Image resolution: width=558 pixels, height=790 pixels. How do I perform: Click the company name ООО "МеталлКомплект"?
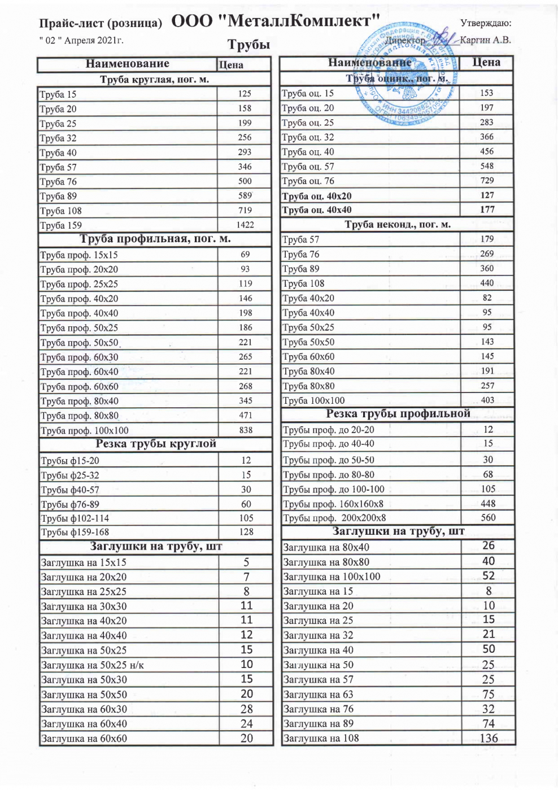pos(275,21)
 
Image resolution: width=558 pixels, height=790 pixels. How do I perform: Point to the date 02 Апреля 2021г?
pos(81,41)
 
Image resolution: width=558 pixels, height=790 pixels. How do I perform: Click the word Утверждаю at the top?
pos(486,23)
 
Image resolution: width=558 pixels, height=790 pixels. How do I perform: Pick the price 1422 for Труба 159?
pos(245,225)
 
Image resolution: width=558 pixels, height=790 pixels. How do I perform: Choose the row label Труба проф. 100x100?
pos(84,430)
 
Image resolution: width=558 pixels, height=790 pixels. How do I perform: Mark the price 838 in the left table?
pos(246,430)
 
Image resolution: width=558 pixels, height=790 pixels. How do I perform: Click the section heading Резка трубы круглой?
pos(156,444)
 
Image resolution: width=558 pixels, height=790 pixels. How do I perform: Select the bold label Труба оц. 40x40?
pos(317,210)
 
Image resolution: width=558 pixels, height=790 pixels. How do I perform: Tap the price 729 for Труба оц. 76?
pos(487,180)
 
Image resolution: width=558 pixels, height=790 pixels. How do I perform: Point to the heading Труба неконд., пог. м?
pos(398,225)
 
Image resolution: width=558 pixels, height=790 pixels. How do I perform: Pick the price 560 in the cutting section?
pos(488,517)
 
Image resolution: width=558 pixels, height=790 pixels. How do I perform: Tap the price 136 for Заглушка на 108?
pos(489,738)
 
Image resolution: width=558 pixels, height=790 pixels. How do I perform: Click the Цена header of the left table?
pos(231,65)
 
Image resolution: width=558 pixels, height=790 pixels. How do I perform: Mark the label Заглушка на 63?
pos(318,695)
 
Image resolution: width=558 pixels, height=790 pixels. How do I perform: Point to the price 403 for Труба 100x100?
pos(487,400)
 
